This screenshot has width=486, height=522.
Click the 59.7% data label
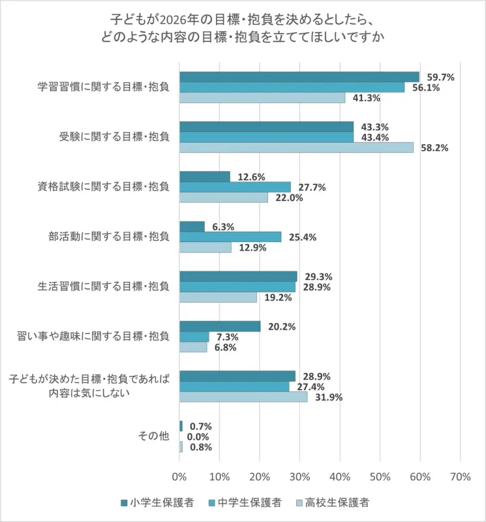(x=436, y=77)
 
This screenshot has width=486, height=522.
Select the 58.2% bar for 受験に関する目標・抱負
(x=296, y=147)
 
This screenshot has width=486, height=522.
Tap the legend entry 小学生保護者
(x=157, y=502)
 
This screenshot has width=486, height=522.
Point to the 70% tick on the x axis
(x=460, y=477)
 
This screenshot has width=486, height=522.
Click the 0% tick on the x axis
(x=179, y=477)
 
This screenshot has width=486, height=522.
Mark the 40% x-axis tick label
(x=340, y=477)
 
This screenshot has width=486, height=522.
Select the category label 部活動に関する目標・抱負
(x=104, y=236)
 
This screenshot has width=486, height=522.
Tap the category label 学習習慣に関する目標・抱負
(x=104, y=87)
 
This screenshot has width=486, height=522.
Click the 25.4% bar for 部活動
(x=230, y=237)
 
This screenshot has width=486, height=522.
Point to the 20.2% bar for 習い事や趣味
(x=220, y=326)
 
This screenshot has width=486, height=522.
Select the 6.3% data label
(x=223, y=226)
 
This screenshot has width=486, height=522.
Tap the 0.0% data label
(x=198, y=437)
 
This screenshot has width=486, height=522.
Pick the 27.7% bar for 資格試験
(x=235, y=187)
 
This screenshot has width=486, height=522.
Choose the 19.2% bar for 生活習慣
(x=218, y=297)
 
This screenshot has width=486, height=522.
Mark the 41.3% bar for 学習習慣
(x=262, y=98)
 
